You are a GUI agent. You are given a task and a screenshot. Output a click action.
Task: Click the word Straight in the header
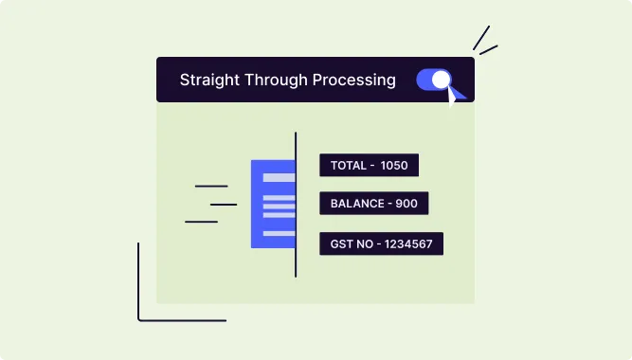(208, 81)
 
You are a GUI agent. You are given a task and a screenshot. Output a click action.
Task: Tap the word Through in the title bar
(280, 81)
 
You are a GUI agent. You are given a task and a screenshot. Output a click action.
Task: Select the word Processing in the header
(353, 81)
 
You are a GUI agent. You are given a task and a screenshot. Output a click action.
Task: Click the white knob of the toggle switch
(440, 80)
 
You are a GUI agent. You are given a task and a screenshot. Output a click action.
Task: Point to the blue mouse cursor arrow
(457, 94)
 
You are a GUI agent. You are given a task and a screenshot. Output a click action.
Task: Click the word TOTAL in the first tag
(348, 166)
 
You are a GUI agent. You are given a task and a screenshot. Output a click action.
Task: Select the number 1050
(394, 166)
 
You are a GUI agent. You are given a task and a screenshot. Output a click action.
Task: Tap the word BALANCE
(356, 204)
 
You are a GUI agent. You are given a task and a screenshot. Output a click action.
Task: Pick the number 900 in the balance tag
(406, 204)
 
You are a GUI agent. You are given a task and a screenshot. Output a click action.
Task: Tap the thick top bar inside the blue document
(279, 177)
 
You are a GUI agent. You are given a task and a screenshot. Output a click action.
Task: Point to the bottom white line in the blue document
(279, 233)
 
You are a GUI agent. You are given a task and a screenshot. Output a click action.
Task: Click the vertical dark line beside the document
(296, 204)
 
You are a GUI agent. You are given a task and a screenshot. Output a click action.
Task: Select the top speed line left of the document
(210, 186)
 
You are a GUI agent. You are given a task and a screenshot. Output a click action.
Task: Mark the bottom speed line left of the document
(201, 222)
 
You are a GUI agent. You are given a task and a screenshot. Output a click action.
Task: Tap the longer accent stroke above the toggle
(481, 38)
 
